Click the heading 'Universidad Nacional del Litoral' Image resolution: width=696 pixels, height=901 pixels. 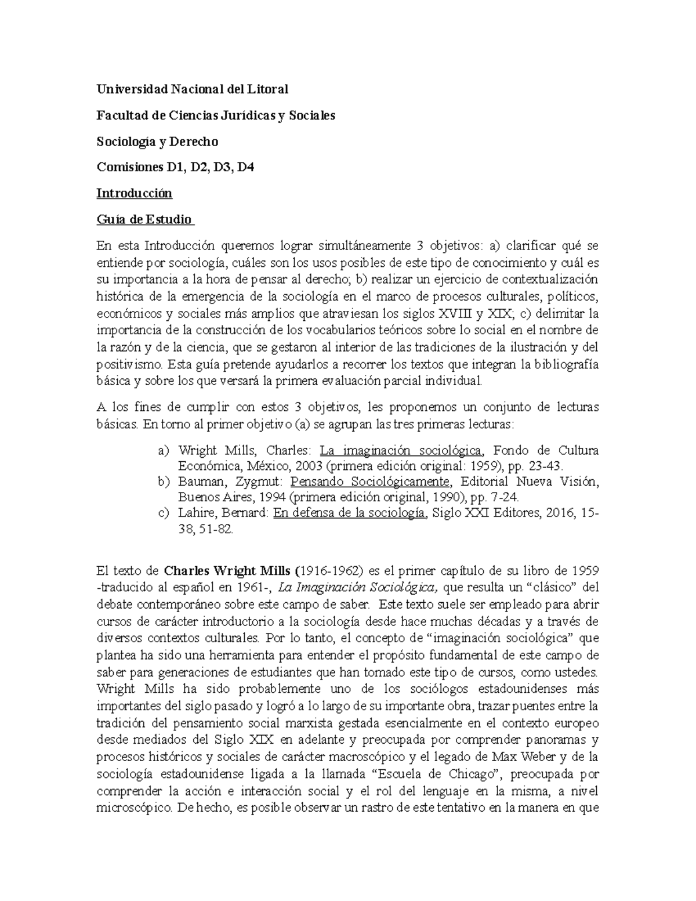[x=192, y=89]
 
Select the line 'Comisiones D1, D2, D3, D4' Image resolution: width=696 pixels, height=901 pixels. [x=175, y=168]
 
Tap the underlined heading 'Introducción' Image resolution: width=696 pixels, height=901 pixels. [x=134, y=193]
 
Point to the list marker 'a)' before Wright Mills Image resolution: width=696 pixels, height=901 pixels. [x=164, y=451]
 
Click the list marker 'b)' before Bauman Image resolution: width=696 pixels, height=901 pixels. [x=164, y=482]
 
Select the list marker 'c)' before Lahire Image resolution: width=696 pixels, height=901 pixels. [x=164, y=513]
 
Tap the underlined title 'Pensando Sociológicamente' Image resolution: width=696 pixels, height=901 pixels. [x=369, y=482]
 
